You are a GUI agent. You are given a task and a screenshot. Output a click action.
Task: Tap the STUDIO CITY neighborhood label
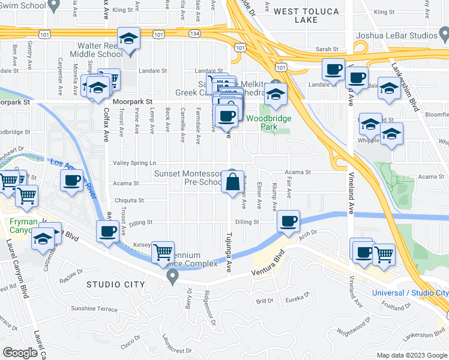[x=116, y=284]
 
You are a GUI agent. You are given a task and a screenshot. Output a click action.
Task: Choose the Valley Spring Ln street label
[x=135, y=163]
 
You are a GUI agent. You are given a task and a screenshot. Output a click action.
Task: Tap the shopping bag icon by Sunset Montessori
[x=232, y=181]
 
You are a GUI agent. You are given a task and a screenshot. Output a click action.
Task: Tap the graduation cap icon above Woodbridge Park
[x=276, y=94]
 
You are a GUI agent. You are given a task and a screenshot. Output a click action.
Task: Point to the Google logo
[x=20, y=353]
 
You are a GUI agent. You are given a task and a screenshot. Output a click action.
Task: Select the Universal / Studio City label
[x=410, y=293]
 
